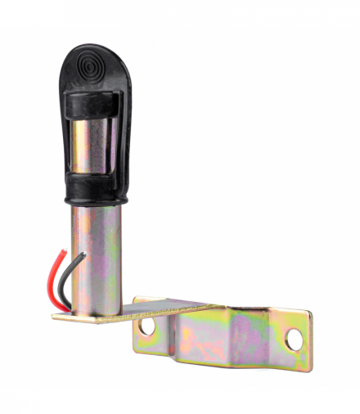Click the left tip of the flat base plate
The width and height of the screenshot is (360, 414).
coord(56,314)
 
